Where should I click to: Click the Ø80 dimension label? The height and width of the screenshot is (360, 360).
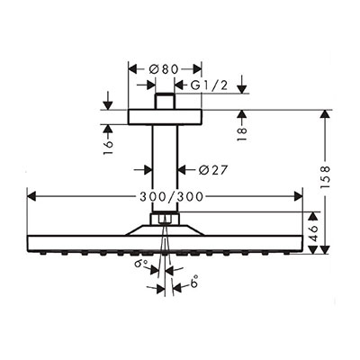click(164, 69)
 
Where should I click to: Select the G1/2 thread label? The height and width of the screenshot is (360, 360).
click(210, 85)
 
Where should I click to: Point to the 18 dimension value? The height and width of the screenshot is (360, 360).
click(242, 134)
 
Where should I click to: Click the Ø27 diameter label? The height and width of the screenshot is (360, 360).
click(213, 170)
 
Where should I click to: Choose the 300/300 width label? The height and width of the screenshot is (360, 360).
click(172, 197)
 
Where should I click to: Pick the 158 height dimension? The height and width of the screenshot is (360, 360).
click(325, 176)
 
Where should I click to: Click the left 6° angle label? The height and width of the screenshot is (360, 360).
click(141, 265)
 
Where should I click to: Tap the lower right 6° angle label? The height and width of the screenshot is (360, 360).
click(194, 282)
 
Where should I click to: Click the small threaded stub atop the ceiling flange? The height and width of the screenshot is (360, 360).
click(165, 101)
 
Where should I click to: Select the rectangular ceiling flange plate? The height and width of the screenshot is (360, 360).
click(165, 117)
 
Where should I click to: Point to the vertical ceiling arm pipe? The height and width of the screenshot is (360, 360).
click(165, 168)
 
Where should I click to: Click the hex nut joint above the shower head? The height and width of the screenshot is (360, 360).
click(165, 218)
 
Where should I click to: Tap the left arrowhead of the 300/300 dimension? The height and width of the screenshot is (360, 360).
click(31, 197)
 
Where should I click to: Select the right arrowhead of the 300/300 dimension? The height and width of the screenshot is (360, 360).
click(299, 197)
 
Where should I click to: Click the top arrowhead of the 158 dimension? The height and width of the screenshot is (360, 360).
click(325, 114)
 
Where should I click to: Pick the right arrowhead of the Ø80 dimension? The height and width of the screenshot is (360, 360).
click(197, 69)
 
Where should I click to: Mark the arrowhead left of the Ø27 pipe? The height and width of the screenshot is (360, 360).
click(148, 170)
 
